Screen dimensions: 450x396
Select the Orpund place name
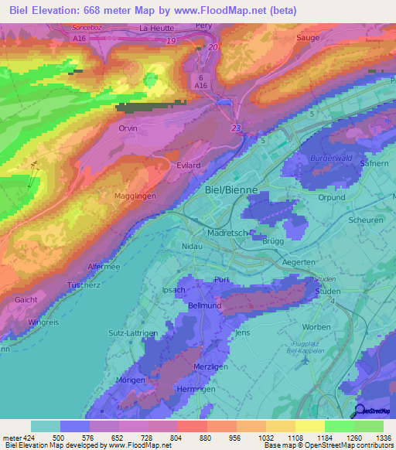point(332,197)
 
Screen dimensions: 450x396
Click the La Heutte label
point(155,29)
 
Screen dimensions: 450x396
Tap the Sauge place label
point(308,36)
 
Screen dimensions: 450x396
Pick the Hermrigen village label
point(196,389)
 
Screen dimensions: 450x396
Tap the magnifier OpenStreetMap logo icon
point(360,410)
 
